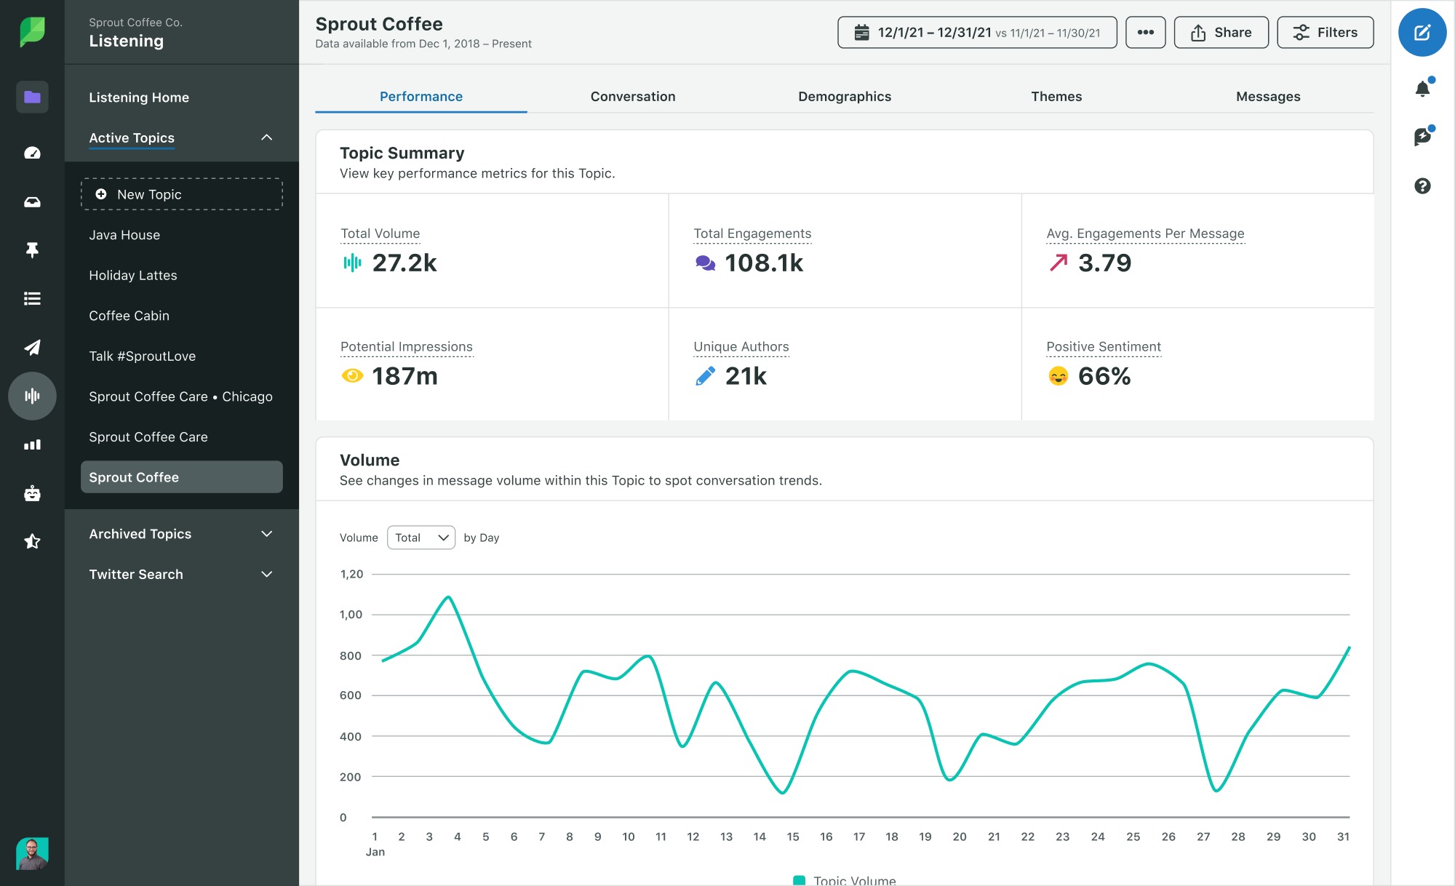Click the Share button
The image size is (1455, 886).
coord(1221,33)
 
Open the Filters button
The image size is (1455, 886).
coord(1325,33)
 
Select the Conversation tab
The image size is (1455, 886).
coord(632,97)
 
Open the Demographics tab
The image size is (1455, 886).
coord(844,97)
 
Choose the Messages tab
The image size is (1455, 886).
coord(1267,97)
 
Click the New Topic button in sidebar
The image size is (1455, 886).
coord(181,194)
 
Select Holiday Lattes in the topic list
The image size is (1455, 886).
coord(133,276)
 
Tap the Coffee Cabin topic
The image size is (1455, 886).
coord(129,316)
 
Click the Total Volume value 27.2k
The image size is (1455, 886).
coord(404,263)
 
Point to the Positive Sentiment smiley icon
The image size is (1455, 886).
coord(1058,376)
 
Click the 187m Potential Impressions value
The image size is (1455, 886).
coord(404,376)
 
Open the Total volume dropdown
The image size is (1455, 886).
coord(421,538)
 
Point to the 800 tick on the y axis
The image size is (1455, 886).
coord(351,655)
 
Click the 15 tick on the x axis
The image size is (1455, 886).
coord(792,837)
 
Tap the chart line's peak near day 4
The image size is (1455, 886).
coord(449,597)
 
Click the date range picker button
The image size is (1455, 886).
coord(976,33)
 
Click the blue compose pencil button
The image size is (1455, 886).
coord(1422,33)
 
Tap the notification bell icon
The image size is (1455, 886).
coord(1422,89)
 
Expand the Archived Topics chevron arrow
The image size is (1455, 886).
coord(267,534)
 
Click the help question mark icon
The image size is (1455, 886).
coord(1422,186)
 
